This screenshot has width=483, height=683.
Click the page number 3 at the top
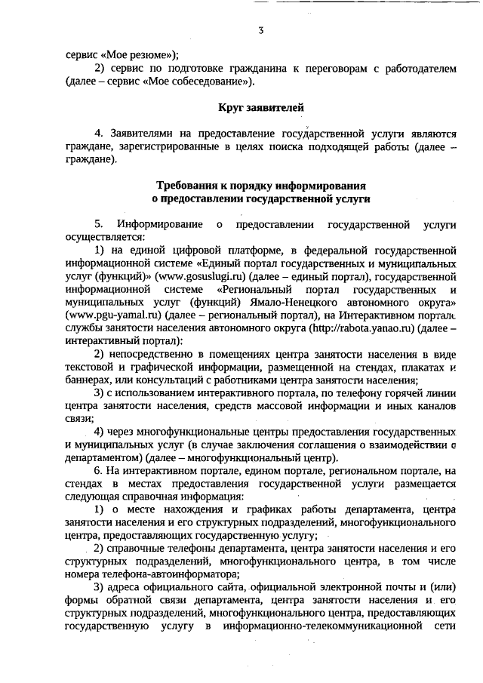pyautogui.click(x=260, y=31)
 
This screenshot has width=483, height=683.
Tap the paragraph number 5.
pyautogui.click(x=97, y=224)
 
